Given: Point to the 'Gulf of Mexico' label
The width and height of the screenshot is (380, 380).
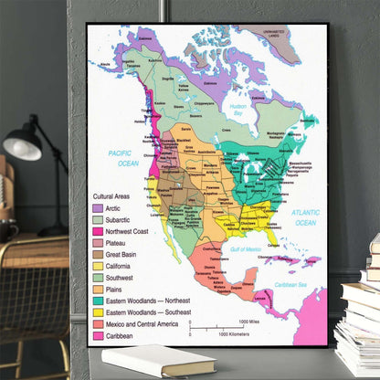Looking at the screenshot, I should pyautogui.click(x=247, y=249).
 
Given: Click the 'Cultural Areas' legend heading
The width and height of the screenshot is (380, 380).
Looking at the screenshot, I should pyautogui.click(x=115, y=196).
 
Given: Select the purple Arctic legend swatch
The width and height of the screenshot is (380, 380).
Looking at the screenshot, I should pyautogui.click(x=98, y=208).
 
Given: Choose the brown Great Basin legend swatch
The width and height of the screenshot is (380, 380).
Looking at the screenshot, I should pyautogui.click(x=98, y=255).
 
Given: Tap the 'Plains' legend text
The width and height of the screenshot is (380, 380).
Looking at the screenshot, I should pyautogui.click(x=117, y=290).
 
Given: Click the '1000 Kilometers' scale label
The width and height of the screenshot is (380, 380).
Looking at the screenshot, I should pyautogui.click(x=237, y=334).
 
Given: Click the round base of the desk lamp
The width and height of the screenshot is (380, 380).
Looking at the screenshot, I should pyautogui.click(x=53, y=230).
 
